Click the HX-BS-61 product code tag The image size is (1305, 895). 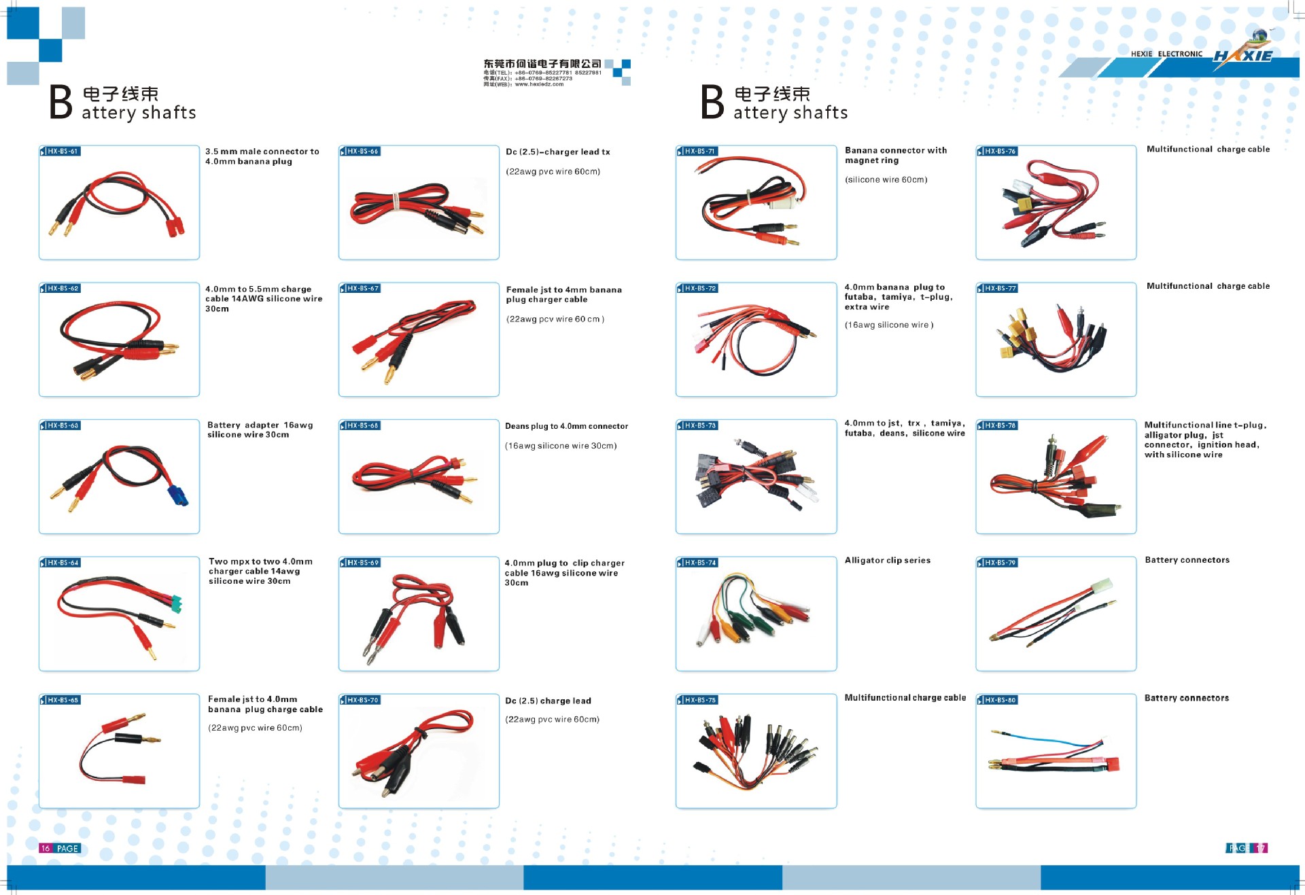coord(60,151)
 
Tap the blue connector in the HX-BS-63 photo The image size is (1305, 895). coord(177,495)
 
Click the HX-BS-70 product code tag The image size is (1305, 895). coord(360,699)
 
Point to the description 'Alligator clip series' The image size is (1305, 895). coord(887,560)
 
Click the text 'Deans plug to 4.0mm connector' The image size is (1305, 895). coord(566,426)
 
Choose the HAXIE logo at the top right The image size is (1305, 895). coord(1243,54)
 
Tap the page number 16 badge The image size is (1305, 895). coord(46,848)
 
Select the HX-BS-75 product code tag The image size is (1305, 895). coord(697,699)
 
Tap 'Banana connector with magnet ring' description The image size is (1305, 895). coord(895,155)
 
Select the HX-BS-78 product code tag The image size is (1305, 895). coord(998,425)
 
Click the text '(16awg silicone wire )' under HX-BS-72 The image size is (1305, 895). coord(888,325)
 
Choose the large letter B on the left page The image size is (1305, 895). coord(60,103)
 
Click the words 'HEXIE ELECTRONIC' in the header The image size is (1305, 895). coord(1166,54)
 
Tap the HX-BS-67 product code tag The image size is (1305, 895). coord(360,288)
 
